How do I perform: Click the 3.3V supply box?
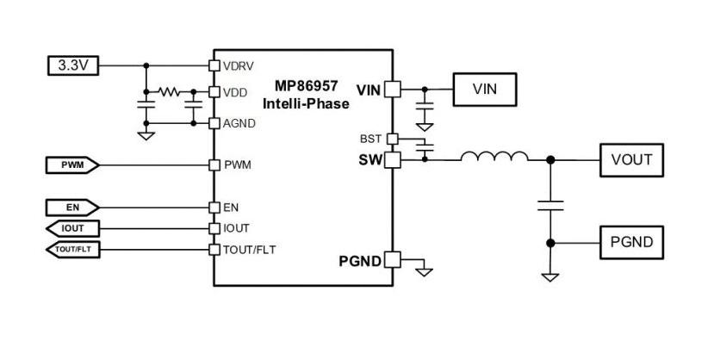pos(72,65)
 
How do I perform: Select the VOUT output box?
pos(631,160)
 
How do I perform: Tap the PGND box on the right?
pos(631,243)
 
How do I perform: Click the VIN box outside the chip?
pos(485,90)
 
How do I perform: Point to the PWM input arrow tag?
pos(72,165)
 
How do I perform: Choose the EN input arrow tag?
pos(72,208)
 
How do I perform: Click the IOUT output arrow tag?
pos(72,228)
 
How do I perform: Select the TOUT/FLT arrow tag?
pos(72,250)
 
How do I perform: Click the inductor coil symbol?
pos(494,156)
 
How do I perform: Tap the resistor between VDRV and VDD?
pos(169,92)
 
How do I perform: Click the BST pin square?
pos(393,139)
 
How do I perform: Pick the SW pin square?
pos(392,160)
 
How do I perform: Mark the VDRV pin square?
pos(214,65)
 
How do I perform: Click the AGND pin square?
pos(214,123)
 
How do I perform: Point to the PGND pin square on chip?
pos(392,260)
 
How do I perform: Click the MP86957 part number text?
pos(306,85)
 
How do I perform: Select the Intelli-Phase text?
pos(306,104)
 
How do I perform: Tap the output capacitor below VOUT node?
pos(550,206)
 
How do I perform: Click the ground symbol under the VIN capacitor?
pos(425,127)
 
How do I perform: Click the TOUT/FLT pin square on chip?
pos(214,250)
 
